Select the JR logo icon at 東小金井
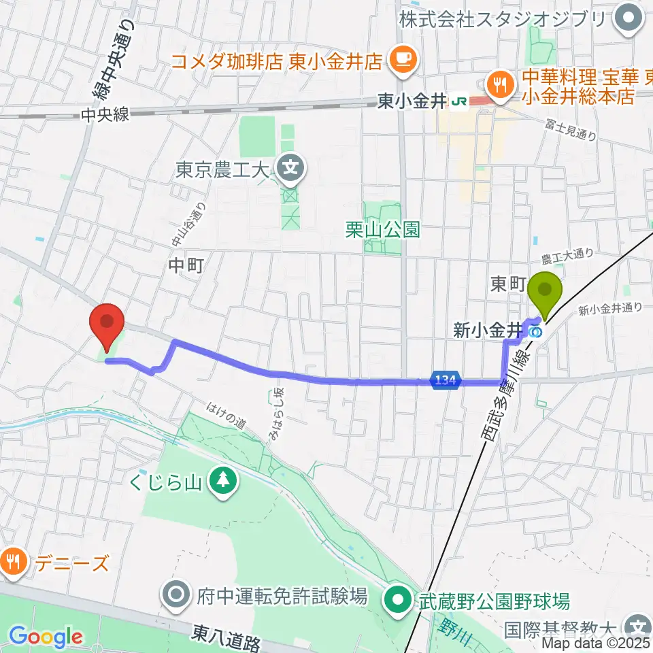pos(459,102)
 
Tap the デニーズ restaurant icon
pos(14,562)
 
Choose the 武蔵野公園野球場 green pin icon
pos(397,599)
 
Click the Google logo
pos(46,637)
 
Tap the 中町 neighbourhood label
pos(185,267)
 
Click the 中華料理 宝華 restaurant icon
pos(501,84)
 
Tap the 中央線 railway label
pos(104,116)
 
